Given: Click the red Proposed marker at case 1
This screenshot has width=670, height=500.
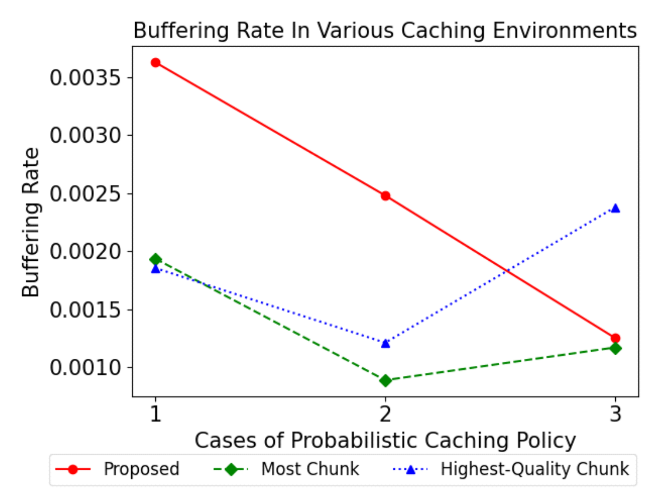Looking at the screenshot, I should [155, 63].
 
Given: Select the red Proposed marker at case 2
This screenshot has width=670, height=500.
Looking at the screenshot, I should [385, 196].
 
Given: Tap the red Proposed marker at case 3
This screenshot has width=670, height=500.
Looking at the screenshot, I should [615, 338].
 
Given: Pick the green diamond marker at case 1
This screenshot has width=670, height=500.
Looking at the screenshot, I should [155, 259].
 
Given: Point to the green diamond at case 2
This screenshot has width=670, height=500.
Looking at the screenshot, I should [385, 381].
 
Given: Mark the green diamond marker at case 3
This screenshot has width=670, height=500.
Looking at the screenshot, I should [615, 348].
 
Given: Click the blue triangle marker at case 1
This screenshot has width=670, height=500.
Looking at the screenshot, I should [155, 269].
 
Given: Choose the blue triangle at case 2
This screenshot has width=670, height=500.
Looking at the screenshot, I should [385, 343].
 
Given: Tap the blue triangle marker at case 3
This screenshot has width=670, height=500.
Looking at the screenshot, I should [615, 209].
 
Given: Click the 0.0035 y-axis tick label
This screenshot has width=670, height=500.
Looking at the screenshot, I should [85, 78].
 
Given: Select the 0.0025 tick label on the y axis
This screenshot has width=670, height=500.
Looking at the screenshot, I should [85, 194].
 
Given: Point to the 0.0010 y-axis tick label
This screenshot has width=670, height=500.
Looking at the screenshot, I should [85, 367].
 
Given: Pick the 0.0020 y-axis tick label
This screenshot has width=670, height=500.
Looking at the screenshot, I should [85, 252].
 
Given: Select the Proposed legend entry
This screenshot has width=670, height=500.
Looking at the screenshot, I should [141, 469].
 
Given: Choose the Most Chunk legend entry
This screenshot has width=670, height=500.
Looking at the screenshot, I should [310, 469].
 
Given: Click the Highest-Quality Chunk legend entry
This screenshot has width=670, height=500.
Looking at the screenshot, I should [534, 469].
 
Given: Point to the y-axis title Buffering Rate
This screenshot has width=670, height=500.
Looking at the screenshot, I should [31, 222].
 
